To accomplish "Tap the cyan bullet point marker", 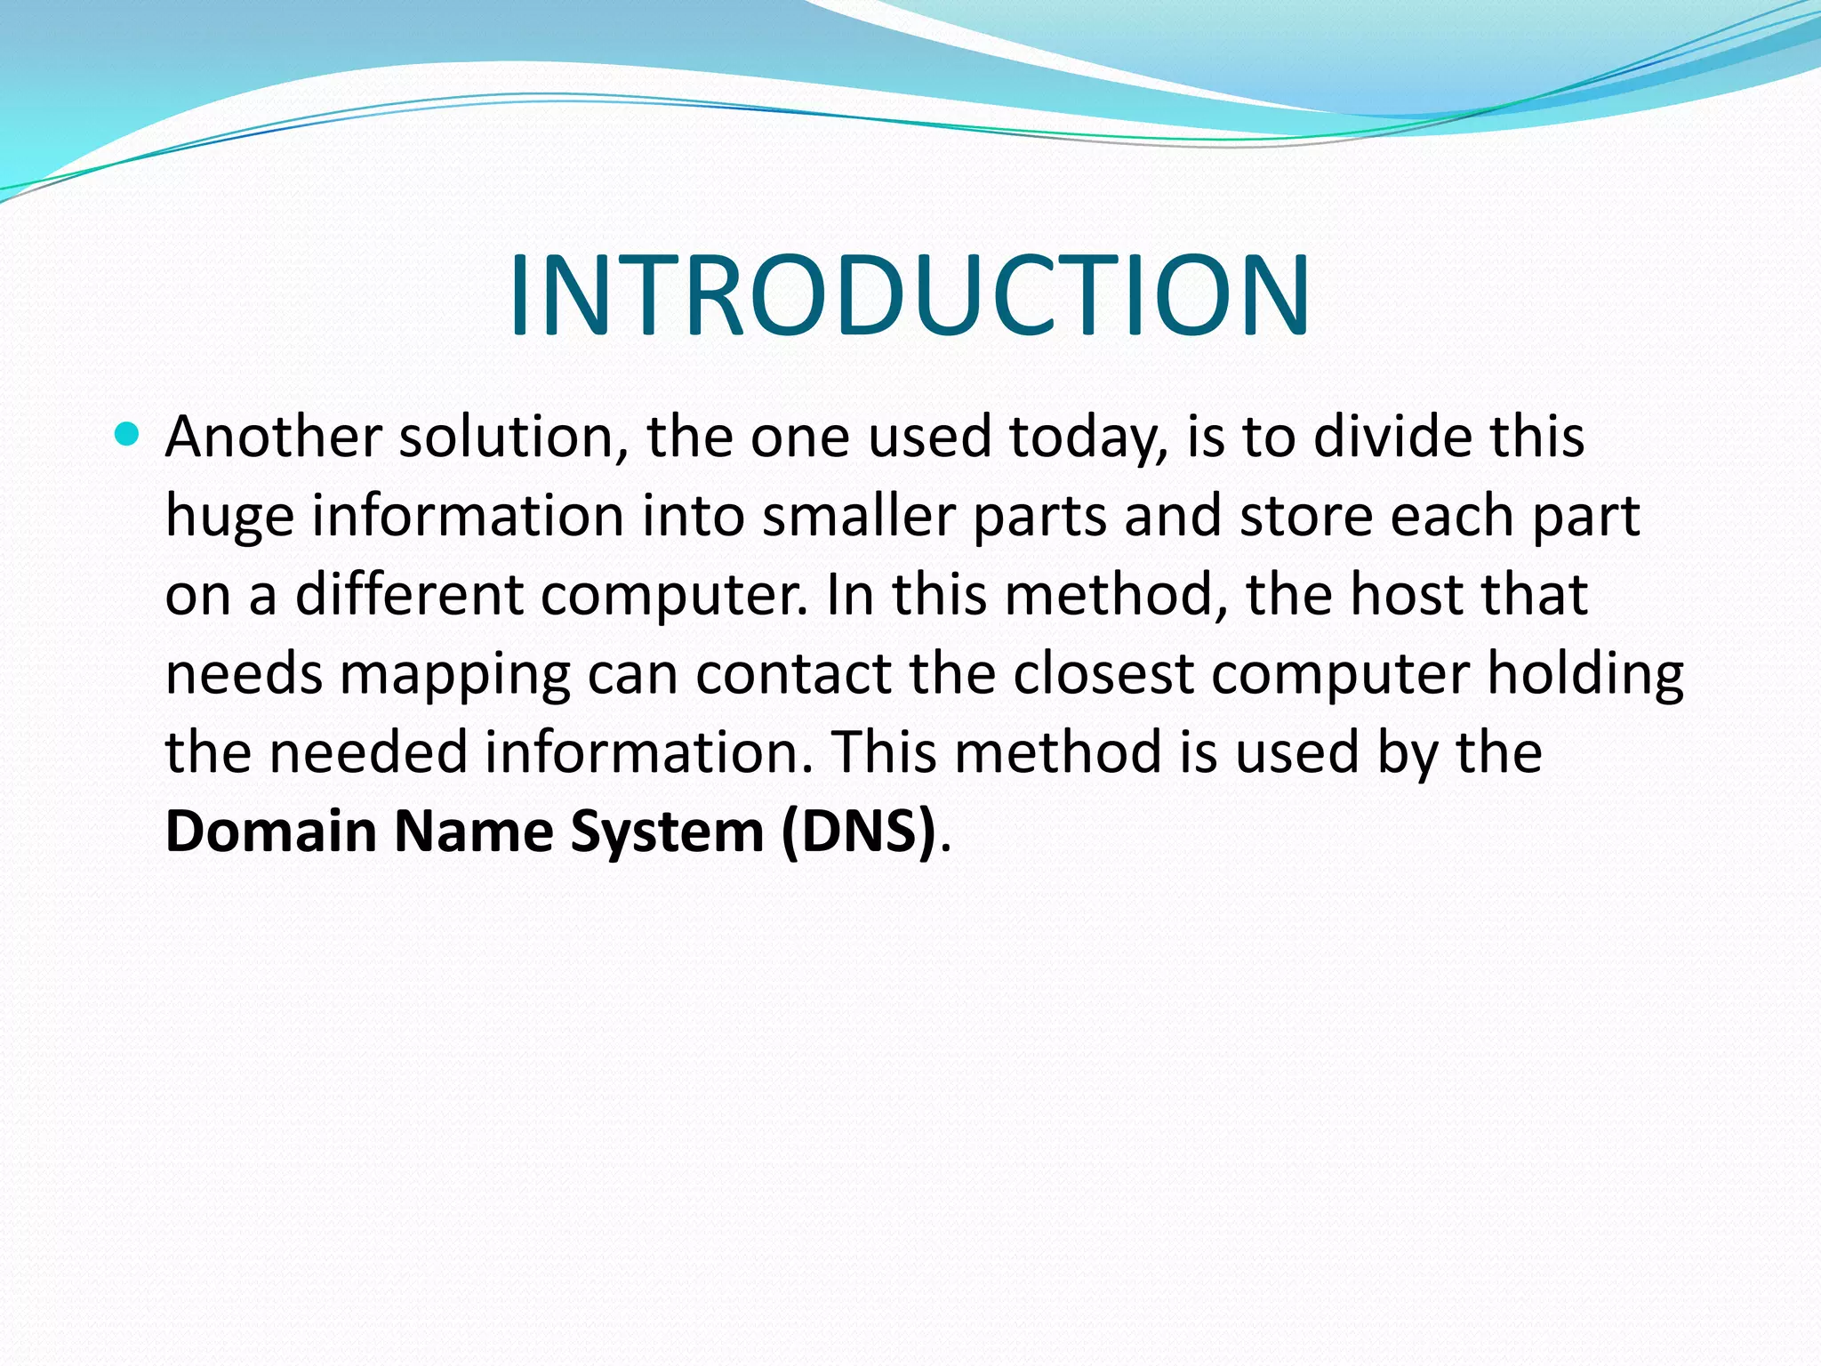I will (x=128, y=435).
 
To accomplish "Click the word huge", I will (x=229, y=518).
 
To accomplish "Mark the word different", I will (x=408, y=594).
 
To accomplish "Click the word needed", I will (x=368, y=752).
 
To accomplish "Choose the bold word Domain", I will (x=271, y=831).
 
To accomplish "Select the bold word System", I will (x=667, y=832).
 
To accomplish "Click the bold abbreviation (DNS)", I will (x=859, y=831).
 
